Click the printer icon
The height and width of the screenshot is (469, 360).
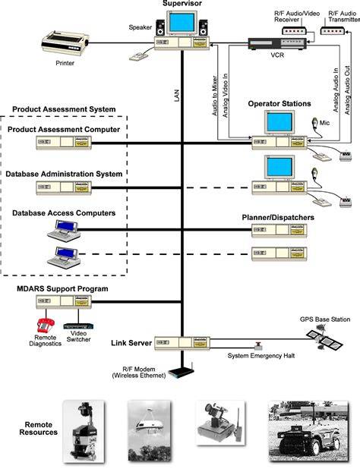(65, 42)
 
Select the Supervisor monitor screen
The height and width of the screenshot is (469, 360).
(182, 23)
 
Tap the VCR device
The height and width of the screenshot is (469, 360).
(277, 44)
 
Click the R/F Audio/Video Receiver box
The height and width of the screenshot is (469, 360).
(294, 30)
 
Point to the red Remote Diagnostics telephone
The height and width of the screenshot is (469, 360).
(46, 326)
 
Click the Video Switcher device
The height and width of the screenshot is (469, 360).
(78, 326)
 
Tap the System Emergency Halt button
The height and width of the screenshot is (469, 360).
(257, 345)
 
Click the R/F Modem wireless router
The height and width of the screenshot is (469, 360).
(182, 371)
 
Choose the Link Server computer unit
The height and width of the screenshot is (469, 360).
(182, 343)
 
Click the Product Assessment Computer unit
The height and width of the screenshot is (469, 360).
(64, 143)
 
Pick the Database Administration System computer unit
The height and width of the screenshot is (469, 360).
(64, 187)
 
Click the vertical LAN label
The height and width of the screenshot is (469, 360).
(176, 95)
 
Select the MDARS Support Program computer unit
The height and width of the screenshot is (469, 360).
(64, 302)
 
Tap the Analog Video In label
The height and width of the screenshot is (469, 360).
(226, 96)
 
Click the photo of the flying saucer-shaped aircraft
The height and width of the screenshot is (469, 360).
(150, 430)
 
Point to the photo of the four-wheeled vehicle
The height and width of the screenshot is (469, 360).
(308, 431)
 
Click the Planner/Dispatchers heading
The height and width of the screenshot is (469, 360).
(278, 218)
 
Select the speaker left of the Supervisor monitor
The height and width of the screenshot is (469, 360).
(160, 27)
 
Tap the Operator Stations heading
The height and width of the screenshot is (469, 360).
(279, 104)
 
